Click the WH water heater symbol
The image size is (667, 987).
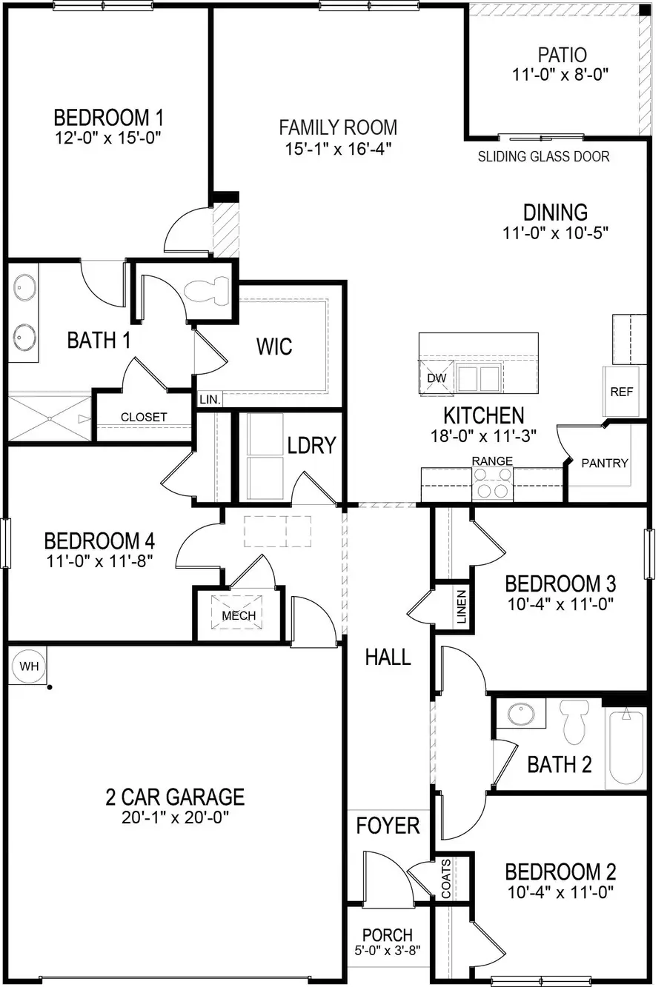pos(29,666)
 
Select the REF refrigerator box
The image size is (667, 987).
pos(621,392)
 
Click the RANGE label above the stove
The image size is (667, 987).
pos(492,461)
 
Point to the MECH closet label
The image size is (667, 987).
pos(239,615)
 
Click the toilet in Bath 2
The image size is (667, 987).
pos(574,721)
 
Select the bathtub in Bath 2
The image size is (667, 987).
pos(627,748)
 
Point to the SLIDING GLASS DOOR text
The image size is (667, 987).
pos(543,157)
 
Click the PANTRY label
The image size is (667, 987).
pos(604,463)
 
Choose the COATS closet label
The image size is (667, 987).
pos(446,879)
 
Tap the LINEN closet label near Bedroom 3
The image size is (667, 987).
pos(461,606)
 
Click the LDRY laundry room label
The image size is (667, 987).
pos(312,445)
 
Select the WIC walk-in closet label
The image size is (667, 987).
pos(273,347)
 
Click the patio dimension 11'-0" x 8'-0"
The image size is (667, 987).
pos(562,75)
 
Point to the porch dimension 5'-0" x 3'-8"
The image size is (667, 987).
pos(387,950)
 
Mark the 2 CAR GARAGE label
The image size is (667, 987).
pos(175,797)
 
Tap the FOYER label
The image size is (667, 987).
pos(388,825)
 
